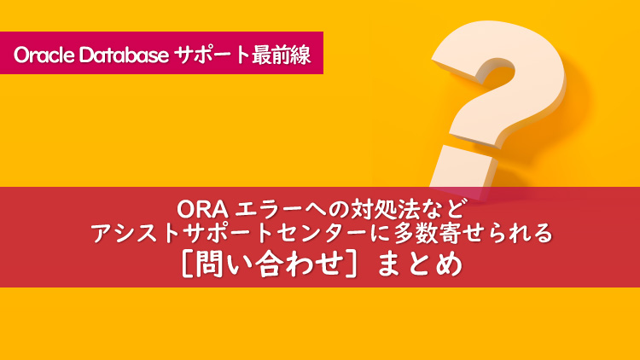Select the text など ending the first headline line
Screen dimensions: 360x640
(x=442, y=207)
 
